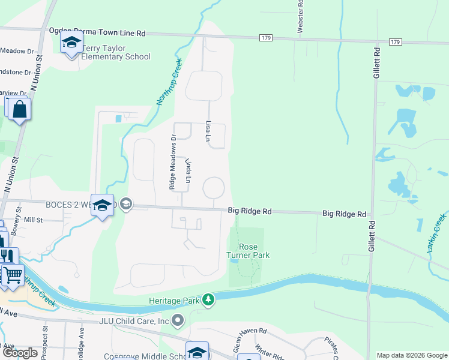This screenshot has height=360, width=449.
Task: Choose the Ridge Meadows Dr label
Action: pyautogui.click(x=172, y=161)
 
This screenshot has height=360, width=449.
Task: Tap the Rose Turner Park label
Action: pyautogui.click(x=247, y=251)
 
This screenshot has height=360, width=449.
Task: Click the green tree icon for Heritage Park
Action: pyautogui.click(x=208, y=299)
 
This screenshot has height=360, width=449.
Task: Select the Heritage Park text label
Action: pyautogui.click(x=174, y=299)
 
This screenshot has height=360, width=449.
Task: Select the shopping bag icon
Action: pyautogui.click(x=20, y=110)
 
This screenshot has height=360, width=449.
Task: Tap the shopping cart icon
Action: pyautogui.click(x=12, y=275)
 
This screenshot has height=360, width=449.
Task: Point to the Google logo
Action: pyautogui.click(x=20, y=353)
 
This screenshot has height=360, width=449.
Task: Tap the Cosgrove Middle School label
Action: pyautogui.click(x=146, y=356)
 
